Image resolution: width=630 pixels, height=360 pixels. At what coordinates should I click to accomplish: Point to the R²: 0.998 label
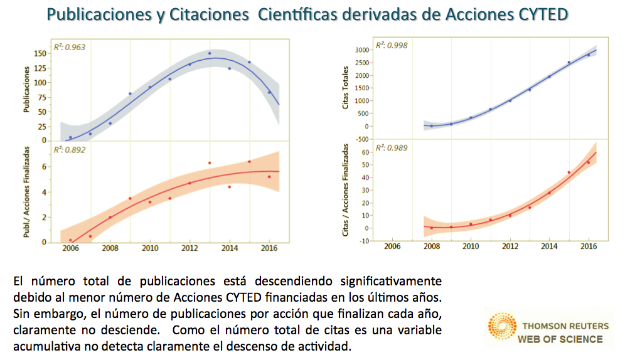[388, 45]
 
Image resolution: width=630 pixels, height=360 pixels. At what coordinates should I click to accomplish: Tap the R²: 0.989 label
[388, 148]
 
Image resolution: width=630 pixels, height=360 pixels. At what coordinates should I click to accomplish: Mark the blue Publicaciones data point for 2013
[210, 53]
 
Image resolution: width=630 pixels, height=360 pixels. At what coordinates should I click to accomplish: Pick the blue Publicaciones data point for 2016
[269, 92]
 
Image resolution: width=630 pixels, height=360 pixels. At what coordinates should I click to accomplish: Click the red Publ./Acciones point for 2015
[249, 162]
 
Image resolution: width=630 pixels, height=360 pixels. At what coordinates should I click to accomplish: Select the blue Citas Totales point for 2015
[569, 62]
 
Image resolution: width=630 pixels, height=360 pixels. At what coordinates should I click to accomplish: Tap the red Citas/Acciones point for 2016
[588, 162]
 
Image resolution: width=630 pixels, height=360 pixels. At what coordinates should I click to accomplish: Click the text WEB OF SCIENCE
[560, 339]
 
